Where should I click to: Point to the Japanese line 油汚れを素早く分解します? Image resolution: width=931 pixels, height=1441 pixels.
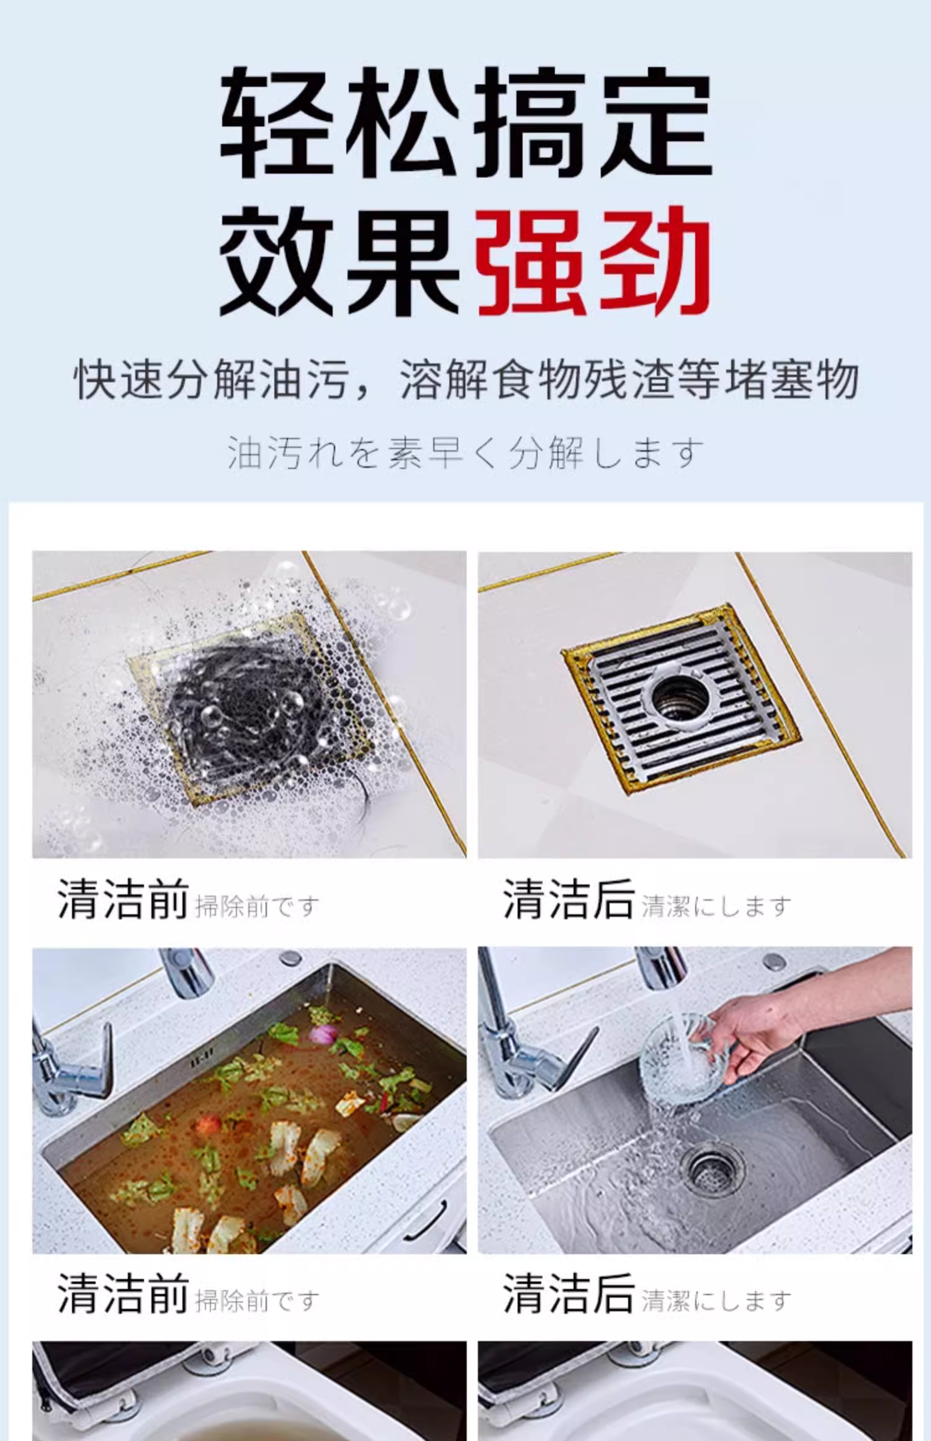coord(465,452)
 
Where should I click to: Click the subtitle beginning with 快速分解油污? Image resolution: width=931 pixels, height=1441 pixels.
coord(465,379)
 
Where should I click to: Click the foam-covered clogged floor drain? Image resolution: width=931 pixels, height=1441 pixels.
coord(248,707)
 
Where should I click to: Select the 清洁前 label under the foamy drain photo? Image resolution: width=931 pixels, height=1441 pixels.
coord(123,899)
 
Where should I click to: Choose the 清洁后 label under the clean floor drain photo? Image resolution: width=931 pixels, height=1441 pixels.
coord(568,899)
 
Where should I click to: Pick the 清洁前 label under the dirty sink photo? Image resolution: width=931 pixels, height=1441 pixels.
coord(123,1293)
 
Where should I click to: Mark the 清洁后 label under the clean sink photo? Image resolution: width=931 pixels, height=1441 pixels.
coord(568,1293)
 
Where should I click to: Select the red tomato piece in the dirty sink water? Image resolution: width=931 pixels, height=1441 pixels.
coord(209,1123)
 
